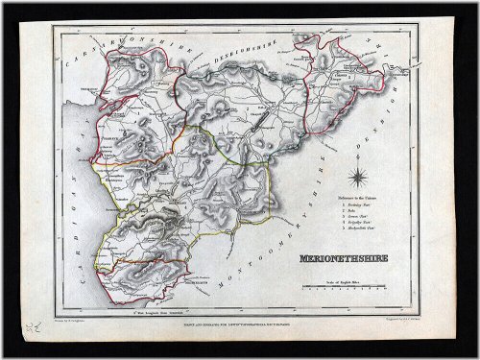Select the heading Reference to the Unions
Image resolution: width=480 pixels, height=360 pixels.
[363, 201]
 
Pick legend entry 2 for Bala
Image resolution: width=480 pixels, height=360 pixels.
[352, 215]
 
